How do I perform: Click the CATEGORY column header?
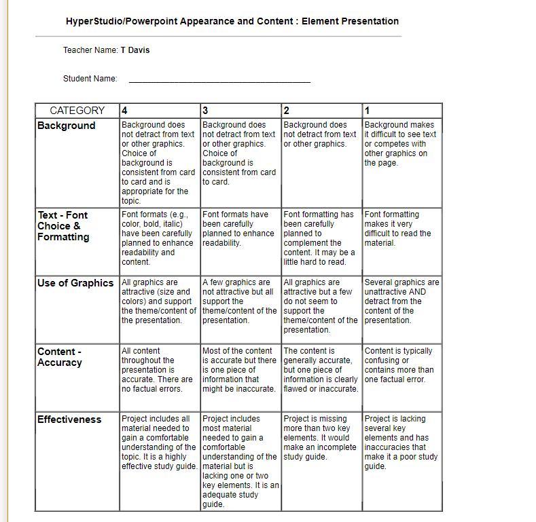coord(77,111)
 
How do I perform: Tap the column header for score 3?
coord(205,111)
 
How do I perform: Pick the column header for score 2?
coord(287,111)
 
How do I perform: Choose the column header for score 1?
coord(368,111)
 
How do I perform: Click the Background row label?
coord(67,126)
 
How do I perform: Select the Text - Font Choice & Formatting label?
coord(63,226)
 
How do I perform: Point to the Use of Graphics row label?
coord(75,283)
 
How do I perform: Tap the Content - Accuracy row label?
coord(60,357)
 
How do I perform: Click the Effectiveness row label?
coord(69,420)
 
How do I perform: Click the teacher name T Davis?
coord(135,50)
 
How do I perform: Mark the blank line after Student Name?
coord(219,81)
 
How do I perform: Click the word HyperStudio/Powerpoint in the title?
coord(122,21)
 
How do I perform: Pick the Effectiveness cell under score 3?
coord(240,462)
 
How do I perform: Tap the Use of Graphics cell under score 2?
coord(321,305)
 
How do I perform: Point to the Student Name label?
coord(90,79)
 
